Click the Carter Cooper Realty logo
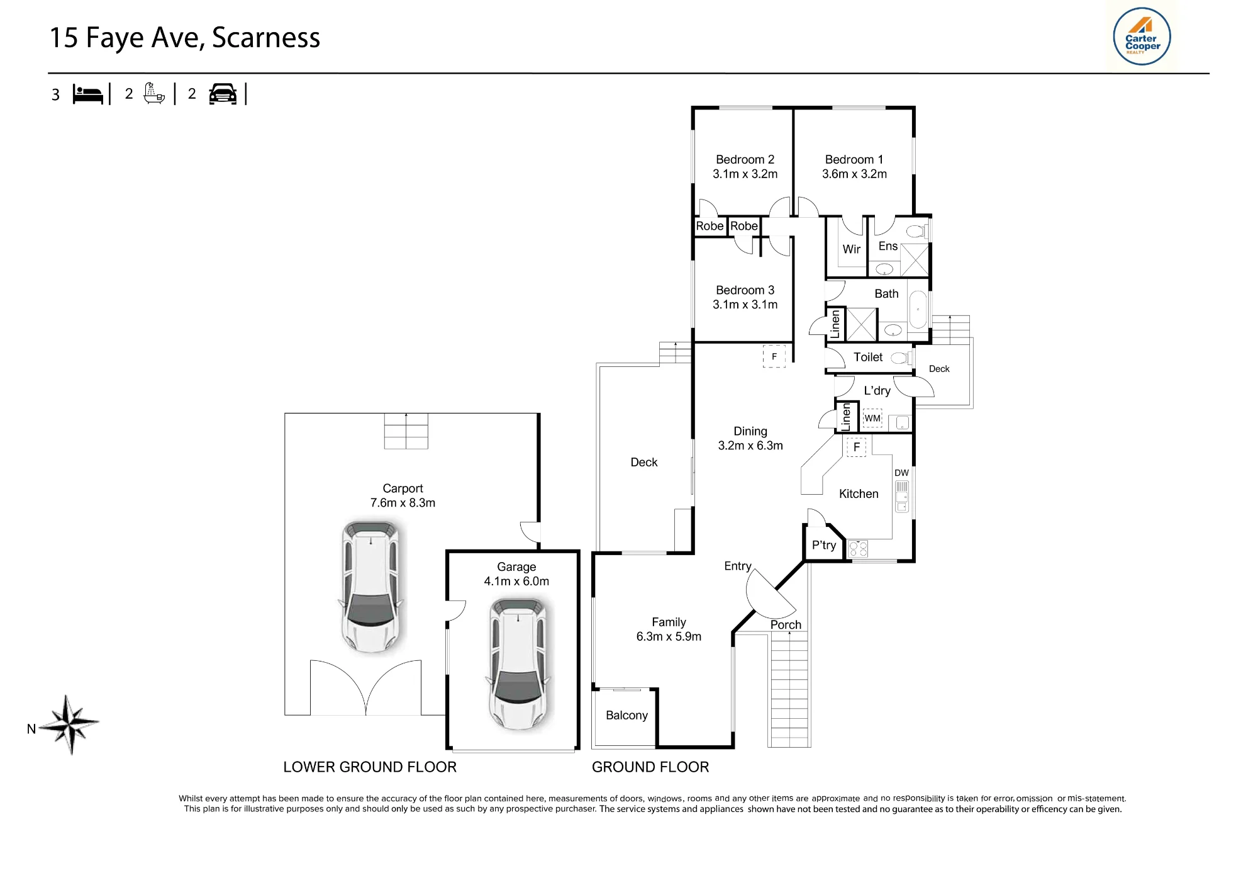(1142, 37)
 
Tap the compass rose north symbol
(69, 724)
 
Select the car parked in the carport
(371, 585)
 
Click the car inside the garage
(518, 664)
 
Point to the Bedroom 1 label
(854, 159)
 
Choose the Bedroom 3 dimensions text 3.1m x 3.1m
(745, 305)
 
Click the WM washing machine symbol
(872, 418)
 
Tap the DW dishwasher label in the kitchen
(901, 473)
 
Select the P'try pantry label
(824, 545)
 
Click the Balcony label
(626, 715)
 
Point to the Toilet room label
(868, 357)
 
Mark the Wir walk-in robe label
(852, 249)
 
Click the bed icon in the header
(88, 94)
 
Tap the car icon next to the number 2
(223, 94)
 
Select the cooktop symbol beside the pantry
(858, 548)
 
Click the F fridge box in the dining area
(774, 356)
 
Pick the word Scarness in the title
(266, 38)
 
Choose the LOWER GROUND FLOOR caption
(370, 767)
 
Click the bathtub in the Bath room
(918, 310)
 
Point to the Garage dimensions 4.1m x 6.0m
(516, 582)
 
